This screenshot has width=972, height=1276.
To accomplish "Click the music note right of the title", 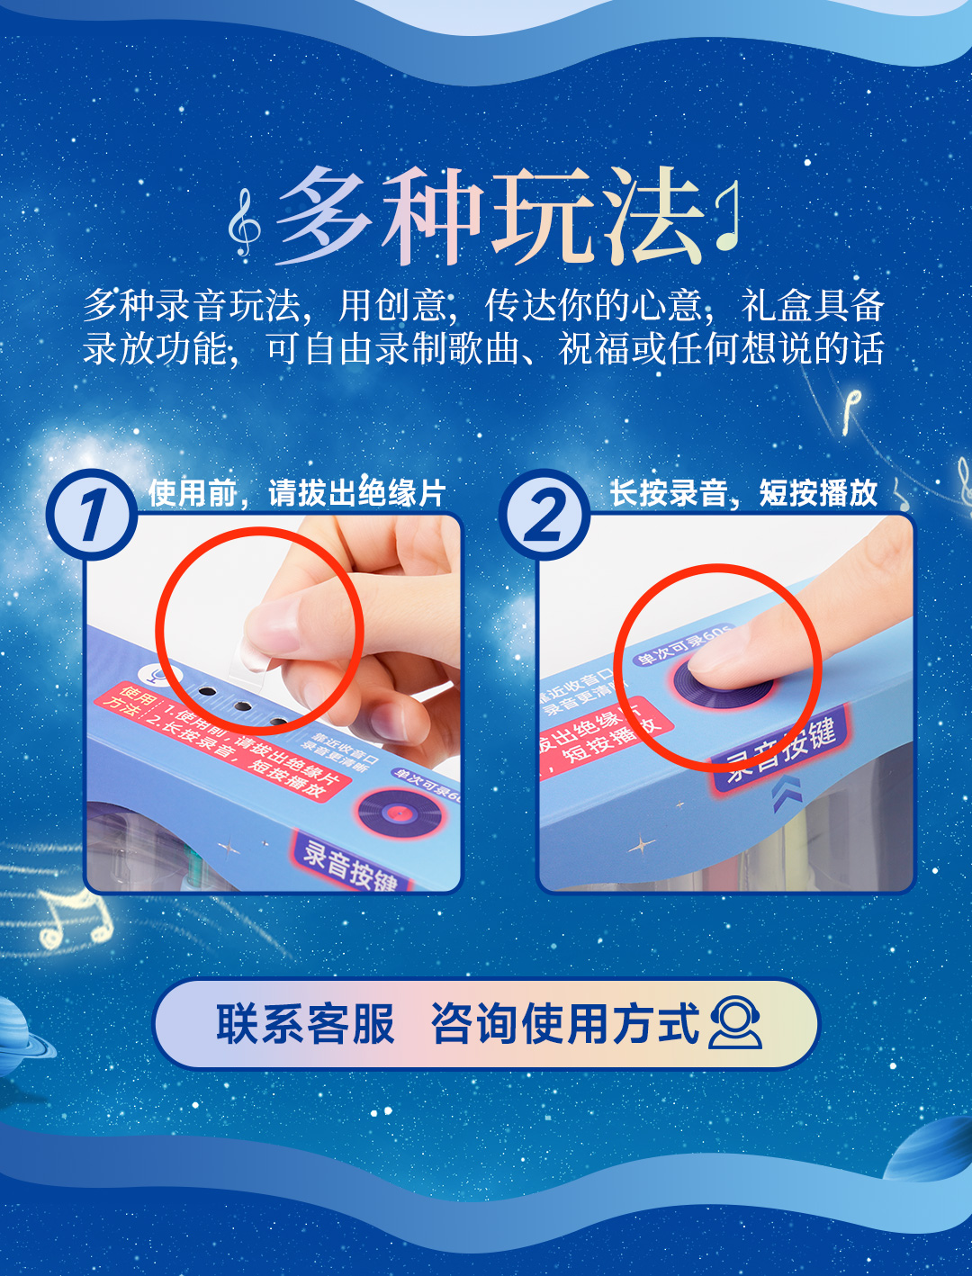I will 729,216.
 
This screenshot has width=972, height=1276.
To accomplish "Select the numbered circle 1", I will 91,515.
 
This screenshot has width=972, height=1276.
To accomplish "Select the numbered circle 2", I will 544,515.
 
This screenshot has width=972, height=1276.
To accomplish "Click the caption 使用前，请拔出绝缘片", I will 297,493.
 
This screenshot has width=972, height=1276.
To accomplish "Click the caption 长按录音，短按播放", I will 743,493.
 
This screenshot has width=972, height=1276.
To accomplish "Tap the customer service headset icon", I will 735,1023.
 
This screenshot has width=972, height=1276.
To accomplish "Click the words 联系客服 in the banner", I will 305,1024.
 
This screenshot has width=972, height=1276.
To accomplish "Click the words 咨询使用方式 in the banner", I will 564,1024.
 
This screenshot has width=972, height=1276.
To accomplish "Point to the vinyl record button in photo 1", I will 400,813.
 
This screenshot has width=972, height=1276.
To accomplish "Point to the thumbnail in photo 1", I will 270,634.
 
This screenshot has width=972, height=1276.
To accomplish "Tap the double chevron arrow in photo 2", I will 786,794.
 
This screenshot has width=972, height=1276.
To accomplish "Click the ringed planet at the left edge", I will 20,1035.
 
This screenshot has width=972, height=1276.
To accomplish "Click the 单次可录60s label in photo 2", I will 684,645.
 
